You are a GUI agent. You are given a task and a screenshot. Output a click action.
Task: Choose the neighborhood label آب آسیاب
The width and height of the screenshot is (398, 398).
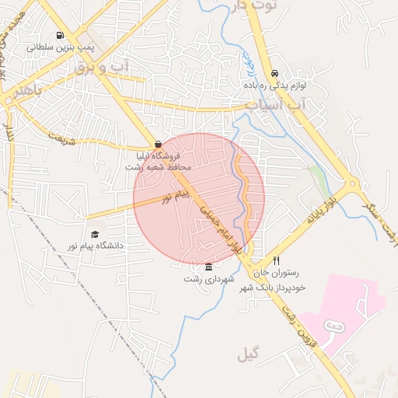click(x=272, y=103)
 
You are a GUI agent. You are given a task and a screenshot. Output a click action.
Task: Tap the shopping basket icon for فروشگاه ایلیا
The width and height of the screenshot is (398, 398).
click(x=159, y=144)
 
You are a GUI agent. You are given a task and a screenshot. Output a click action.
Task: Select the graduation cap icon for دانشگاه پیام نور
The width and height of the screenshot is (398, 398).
click(x=95, y=234)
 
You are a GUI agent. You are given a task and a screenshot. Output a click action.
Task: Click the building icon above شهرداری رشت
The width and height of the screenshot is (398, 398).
click(x=208, y=267)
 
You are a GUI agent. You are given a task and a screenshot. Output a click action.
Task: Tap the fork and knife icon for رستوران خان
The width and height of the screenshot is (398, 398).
click(x=275, y=261)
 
